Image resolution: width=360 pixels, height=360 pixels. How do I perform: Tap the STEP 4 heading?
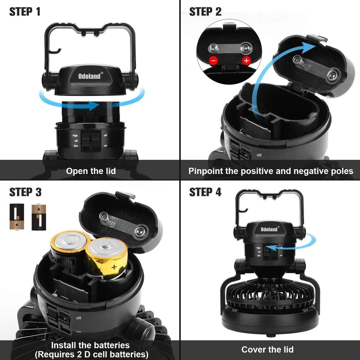[x=205, y=192]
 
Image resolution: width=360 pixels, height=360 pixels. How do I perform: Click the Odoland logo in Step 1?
[x=91, y=76]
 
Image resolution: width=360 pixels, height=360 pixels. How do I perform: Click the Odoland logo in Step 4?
[x=270, y=229]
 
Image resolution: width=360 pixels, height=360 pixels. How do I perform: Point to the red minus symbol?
[x=213, y=60]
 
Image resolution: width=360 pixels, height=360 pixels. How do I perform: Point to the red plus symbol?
[x=246, y=60]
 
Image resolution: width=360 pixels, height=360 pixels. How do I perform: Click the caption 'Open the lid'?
[x=91, y=171]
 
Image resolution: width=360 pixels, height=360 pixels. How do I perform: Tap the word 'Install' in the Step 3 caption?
[x=64, y=345]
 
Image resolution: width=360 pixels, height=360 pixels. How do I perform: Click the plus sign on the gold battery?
[x=114, y=267]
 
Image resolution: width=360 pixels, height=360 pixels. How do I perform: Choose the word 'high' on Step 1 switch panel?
[x=75, y=136]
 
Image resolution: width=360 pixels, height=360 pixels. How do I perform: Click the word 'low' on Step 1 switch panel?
[x=76, y=146]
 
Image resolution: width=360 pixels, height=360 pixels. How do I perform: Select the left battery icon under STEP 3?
[x=17, y=217]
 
